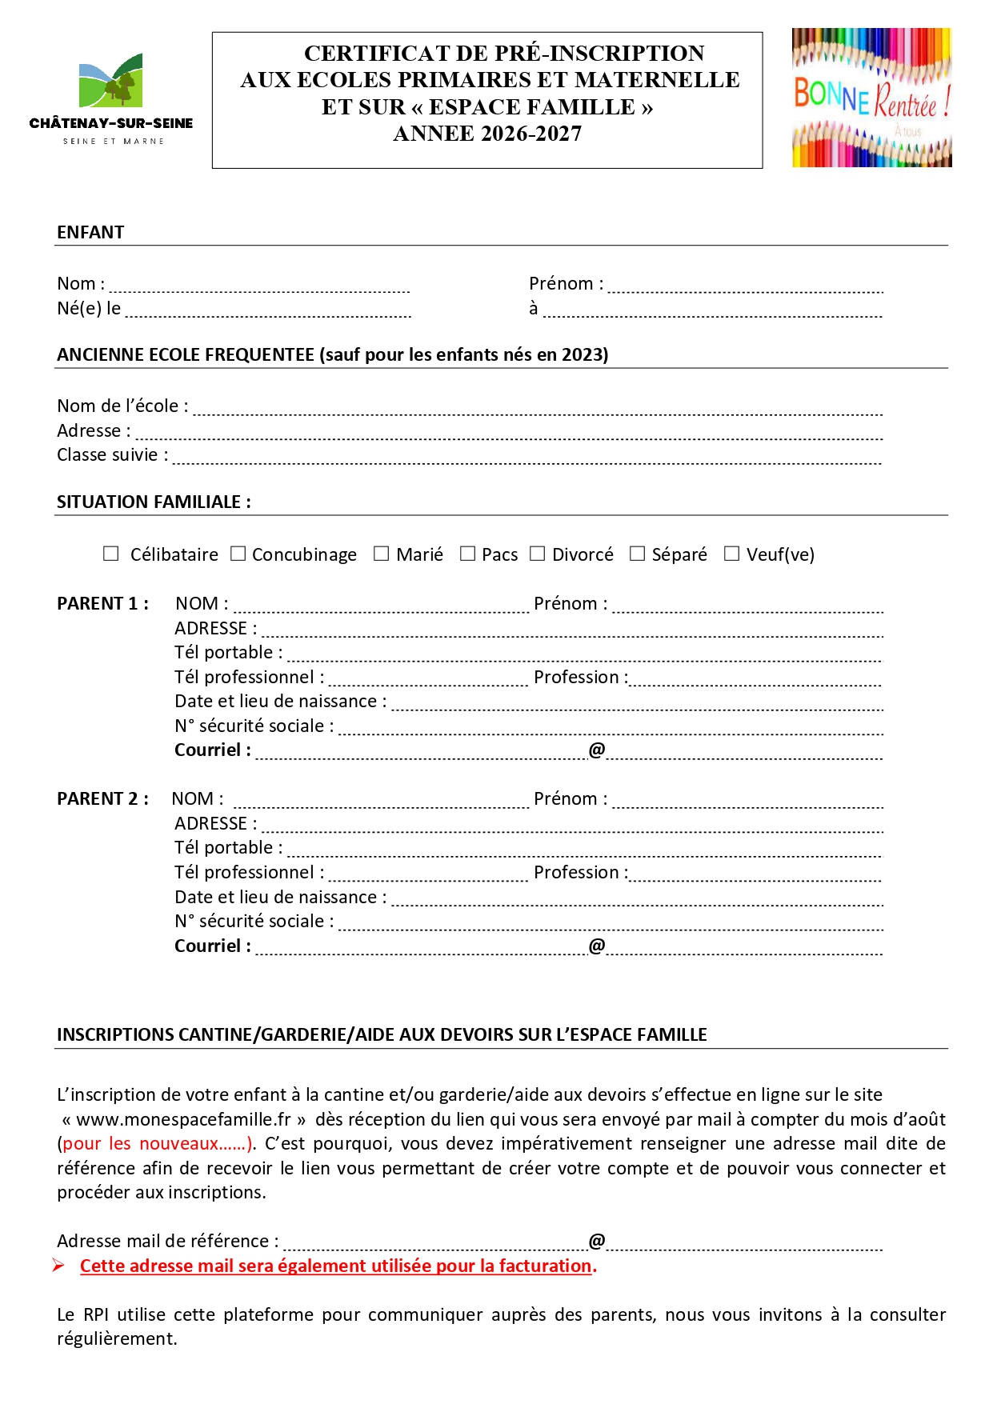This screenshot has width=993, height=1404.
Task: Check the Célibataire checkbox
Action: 111,554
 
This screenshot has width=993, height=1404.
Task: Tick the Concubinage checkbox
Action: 238,554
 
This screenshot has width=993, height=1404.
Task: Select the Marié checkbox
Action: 381,554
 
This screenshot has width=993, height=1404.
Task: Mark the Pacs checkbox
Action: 467,554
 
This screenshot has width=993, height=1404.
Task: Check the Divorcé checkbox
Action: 538,554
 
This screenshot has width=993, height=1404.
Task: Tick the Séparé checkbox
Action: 637,554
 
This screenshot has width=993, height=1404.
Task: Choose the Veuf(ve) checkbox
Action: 731,554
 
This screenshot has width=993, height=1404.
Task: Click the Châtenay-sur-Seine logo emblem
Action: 111,81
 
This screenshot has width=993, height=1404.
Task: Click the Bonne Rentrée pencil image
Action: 871,98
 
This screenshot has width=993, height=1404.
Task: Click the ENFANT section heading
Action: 90,232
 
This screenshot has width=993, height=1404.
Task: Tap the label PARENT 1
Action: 102,603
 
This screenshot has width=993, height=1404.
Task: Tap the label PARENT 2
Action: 102,798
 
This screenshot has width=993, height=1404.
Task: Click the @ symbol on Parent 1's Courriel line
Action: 597,750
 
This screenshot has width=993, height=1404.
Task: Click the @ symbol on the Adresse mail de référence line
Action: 597,1241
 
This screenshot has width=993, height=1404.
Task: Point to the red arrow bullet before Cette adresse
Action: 59,1265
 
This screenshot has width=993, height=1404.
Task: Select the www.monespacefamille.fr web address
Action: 183,1119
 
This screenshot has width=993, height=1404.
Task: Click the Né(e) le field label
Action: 89,308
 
